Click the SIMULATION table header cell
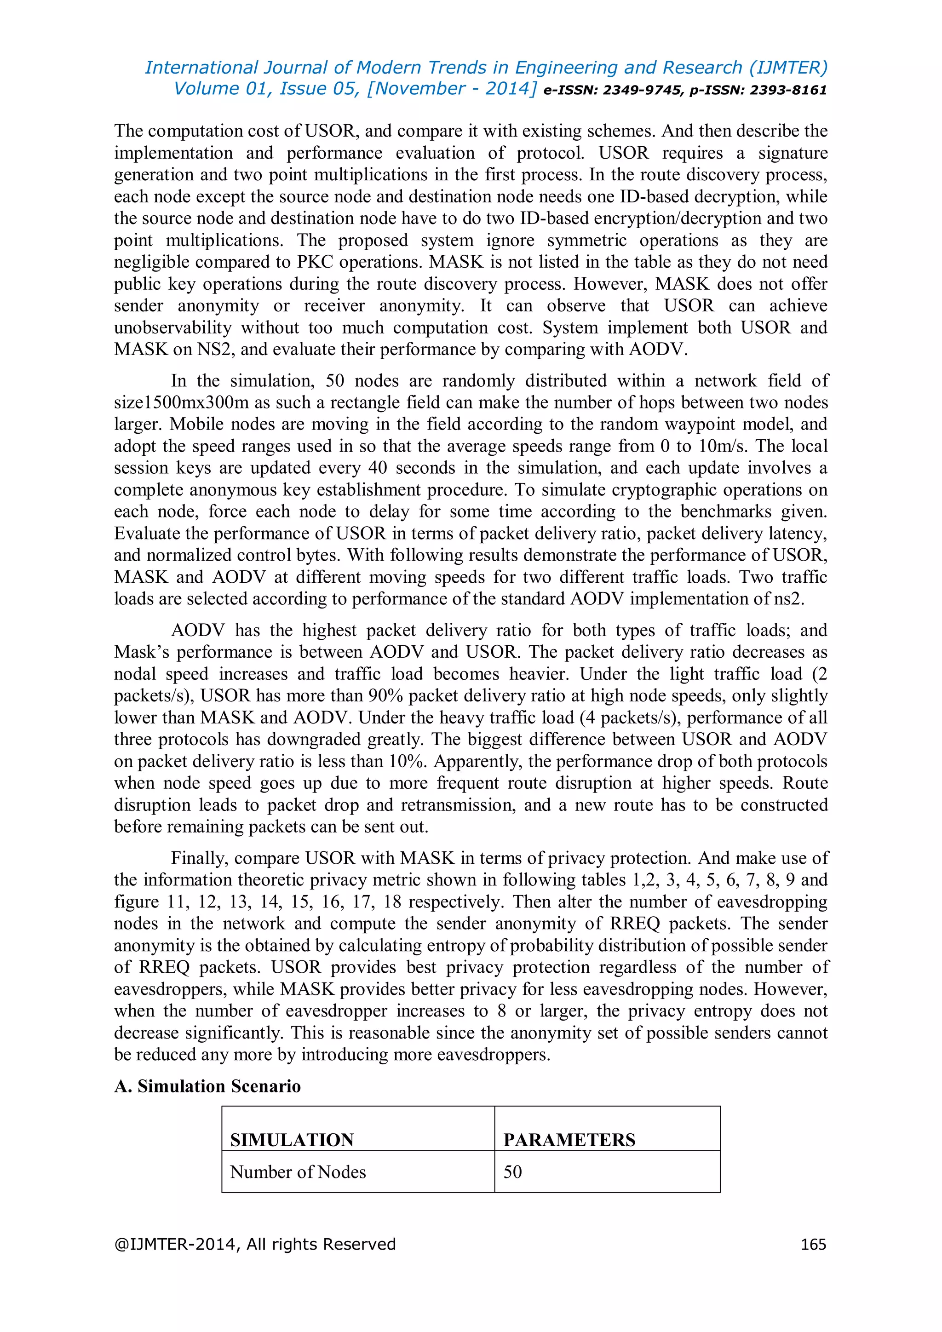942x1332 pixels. [292, 1139]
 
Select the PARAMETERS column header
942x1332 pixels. [569, 1139]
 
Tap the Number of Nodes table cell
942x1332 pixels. [298, 1171]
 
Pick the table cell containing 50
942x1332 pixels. [513, 1171]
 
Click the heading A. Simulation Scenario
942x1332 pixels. [207, 1085]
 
